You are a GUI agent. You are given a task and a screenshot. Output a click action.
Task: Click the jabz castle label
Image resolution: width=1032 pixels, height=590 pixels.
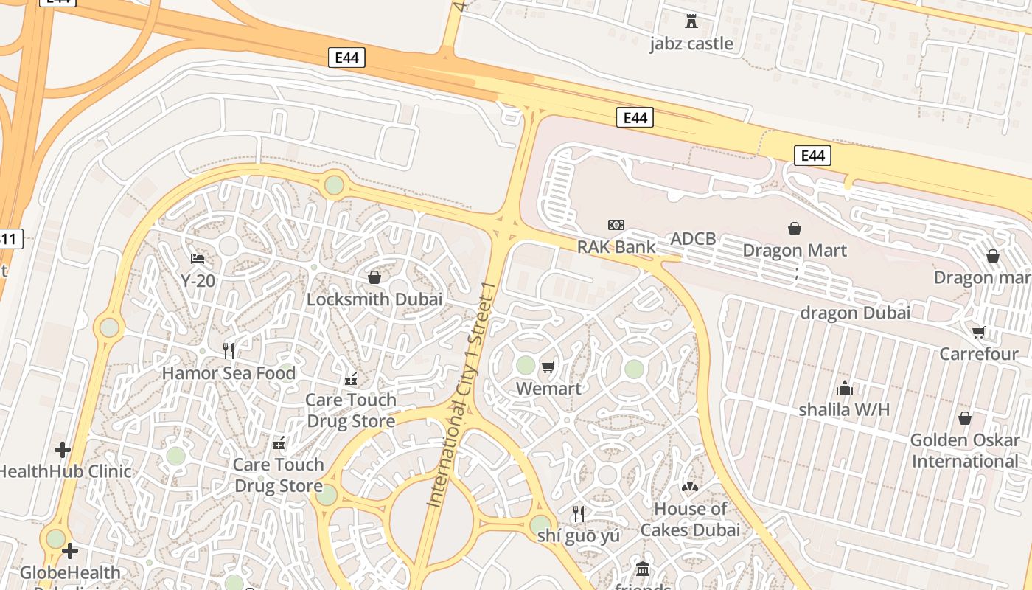[691, 44]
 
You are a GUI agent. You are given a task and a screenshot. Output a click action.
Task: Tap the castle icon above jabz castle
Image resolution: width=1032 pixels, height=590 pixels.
[691, 21]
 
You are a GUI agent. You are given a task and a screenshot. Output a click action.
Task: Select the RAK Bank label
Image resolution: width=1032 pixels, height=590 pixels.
[616, 246]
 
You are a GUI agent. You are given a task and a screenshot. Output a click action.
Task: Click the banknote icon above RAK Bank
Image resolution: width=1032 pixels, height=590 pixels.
[616, 225]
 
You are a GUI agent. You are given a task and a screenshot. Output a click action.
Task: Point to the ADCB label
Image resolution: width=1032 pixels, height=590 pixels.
[692, 238]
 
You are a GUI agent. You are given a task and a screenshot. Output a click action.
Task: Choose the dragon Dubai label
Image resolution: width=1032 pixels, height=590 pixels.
[855, 312]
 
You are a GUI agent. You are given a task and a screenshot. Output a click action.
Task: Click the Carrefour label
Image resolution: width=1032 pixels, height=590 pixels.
[978, 354]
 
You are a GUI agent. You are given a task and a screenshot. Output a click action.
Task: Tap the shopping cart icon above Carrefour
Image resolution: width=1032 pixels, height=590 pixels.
[979, 332]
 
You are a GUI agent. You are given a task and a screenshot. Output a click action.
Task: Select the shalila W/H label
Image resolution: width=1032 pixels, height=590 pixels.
[844, 409]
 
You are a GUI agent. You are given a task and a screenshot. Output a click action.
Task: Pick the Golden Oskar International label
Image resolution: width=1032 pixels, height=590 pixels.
[964, 451]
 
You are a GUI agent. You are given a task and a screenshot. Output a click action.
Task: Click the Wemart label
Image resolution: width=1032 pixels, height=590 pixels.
[548, 389]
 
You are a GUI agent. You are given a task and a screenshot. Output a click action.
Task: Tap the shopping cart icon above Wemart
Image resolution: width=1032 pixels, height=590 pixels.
[548, 367]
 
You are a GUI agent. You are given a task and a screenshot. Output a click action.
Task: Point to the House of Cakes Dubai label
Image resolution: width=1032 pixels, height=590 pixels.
[690, 519]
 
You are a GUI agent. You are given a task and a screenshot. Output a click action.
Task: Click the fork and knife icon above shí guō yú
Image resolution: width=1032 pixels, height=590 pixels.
[579, 513]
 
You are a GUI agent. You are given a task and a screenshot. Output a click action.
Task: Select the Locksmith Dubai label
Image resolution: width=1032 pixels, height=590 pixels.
[374, 299]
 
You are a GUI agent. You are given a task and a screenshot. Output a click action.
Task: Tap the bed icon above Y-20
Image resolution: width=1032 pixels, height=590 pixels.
[198, 259]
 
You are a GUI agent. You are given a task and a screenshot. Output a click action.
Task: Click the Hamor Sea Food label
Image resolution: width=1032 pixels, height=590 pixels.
[229, 373]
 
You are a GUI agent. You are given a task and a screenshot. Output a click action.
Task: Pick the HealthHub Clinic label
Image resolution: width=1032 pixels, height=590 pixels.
[65, 471]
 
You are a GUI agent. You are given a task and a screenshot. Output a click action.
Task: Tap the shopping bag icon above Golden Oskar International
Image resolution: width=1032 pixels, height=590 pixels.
[964, 419]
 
